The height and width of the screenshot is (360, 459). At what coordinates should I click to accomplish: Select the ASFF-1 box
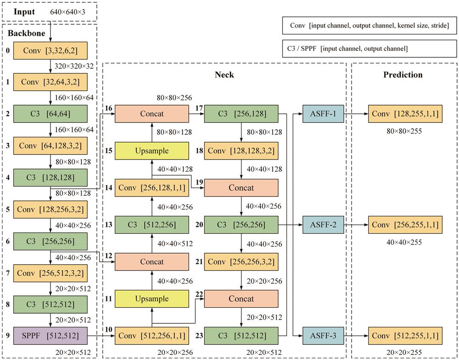[x=323, y=113]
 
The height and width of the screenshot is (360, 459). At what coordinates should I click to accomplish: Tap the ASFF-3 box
[x=323, y=336]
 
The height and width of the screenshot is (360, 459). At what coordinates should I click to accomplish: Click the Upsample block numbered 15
[x=151, y=150]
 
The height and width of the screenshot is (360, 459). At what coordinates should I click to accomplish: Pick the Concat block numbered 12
[x=151, y=262]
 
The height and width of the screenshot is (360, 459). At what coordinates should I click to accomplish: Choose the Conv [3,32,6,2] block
[x=50, y=50]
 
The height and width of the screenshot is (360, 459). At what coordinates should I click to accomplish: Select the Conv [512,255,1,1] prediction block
[x=405, y=336]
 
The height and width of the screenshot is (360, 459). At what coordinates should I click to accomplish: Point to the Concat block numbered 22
[x=241, y=299]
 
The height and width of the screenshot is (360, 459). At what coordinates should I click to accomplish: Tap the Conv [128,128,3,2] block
[x=241, y=150]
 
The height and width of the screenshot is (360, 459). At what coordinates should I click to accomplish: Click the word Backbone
[x=26, y=33]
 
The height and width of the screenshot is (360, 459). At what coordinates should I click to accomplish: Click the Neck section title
[x=224, y=75]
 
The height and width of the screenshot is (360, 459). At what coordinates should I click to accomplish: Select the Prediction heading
[x=403, y=75]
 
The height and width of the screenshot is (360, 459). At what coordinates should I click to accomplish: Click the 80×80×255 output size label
[x=404, y=131]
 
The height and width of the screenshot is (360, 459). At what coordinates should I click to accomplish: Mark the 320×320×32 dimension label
[x=74, y=66]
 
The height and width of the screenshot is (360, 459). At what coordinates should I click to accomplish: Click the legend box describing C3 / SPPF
[x=369, y=49]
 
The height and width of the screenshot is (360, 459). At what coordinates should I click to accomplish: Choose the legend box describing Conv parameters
[x=369, y=25]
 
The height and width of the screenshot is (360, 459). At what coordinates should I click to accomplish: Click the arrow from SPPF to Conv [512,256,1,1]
[x=101, y=336]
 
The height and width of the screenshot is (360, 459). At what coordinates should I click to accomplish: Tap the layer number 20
[x=199, y=225]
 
